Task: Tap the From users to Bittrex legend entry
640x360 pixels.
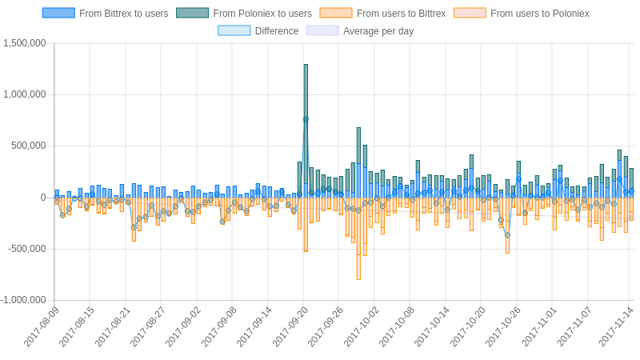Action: tap(382, 14)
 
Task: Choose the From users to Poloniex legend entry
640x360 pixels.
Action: tap(521, 14)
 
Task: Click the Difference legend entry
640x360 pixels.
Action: tap(258, 31)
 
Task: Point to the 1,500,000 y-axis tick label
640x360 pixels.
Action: tap(24, 43)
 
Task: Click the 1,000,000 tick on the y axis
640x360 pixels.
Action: tap(24, 94)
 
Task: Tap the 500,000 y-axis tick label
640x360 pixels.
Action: tap(29, 146)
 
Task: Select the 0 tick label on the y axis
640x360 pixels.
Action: tap(43, 198)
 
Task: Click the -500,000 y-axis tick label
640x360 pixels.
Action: tap(27, 249)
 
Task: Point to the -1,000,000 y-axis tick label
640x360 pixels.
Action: tap(23, 300)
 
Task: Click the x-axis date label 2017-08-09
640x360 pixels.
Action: tap(42, 326)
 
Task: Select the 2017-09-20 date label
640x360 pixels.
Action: tap(290, 326)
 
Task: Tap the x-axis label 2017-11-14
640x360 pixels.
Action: tap(616, 326)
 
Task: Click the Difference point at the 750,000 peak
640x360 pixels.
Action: tap(306, 119)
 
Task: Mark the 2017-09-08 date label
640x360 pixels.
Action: tap(219, 326)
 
